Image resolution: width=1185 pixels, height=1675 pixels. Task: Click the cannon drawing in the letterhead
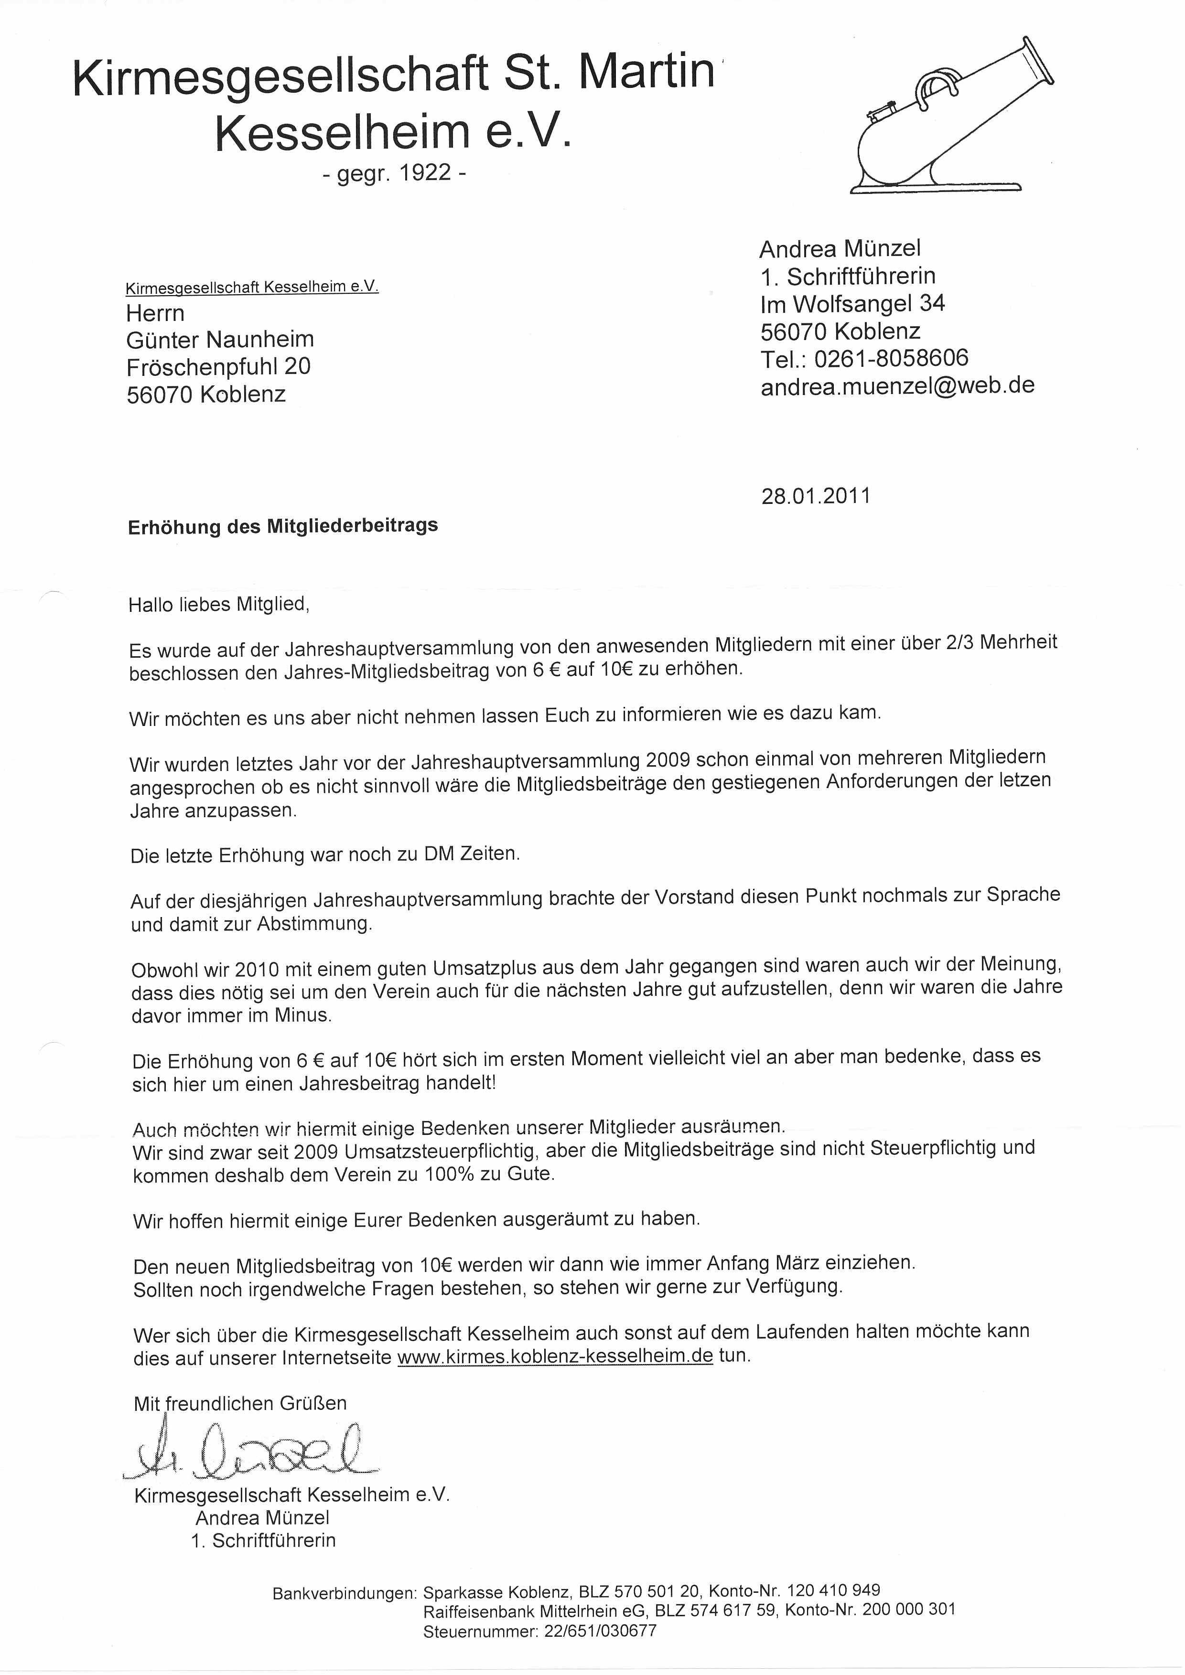[x=952, y=120]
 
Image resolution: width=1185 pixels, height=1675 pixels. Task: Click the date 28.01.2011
[x=816, y=496]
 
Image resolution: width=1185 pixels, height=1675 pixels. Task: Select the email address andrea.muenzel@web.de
[x=897, y=385]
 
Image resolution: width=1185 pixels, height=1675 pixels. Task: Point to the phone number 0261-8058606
[x=891, y=358]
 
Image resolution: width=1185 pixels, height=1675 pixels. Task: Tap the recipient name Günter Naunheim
[x=220, y=339]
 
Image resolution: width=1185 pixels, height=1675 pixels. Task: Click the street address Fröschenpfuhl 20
[x=218, y=366]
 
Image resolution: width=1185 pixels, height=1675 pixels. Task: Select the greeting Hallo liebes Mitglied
[x=219, y=605]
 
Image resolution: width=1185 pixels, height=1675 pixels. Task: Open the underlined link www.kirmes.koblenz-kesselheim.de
[x=555, y=1356]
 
